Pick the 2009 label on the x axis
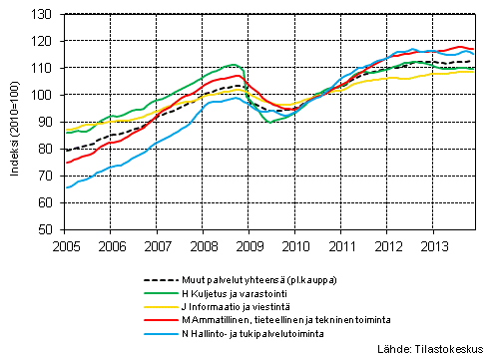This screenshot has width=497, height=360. [x=248, y=243]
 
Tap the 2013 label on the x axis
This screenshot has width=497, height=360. [x=433, y=243]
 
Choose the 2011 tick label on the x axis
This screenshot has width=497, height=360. [x=341, y=243]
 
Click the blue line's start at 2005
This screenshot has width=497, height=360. [x=67, y=187]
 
